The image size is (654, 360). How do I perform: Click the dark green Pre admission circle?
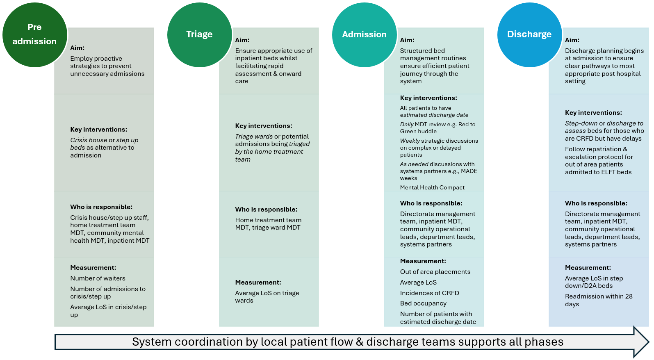(x=35, y=34)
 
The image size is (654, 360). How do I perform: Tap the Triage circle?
(x=200, y=34)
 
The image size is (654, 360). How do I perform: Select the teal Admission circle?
(x=365, y=34)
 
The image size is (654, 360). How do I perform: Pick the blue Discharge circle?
(x=529, y=34)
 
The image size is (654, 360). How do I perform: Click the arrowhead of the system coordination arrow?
(x=641, y=342)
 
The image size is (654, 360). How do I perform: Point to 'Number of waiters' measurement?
(x=98, y=278)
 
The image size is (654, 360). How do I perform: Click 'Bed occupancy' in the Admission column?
(x=423, y=303)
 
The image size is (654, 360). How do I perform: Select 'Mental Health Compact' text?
(x=432, y=187)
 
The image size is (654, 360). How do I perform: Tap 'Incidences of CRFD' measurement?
(x=429, y=293)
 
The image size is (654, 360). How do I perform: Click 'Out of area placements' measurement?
(x=435, y=272)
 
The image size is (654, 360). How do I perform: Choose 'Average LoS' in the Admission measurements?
(x=418, y=283)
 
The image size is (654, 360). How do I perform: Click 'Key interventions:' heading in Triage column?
(x=264, y=126)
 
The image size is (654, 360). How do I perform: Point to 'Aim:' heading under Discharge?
(x=572, y=40)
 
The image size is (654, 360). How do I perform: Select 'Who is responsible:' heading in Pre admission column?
(x=101, y=207)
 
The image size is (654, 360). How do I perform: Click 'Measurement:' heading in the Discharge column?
(x=588, y=268)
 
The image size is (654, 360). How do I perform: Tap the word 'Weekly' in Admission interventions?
(x=410, y=141)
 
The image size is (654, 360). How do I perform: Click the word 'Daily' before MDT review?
(x=407, y=124)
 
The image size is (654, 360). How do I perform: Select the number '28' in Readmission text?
(x=629, y=296)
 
